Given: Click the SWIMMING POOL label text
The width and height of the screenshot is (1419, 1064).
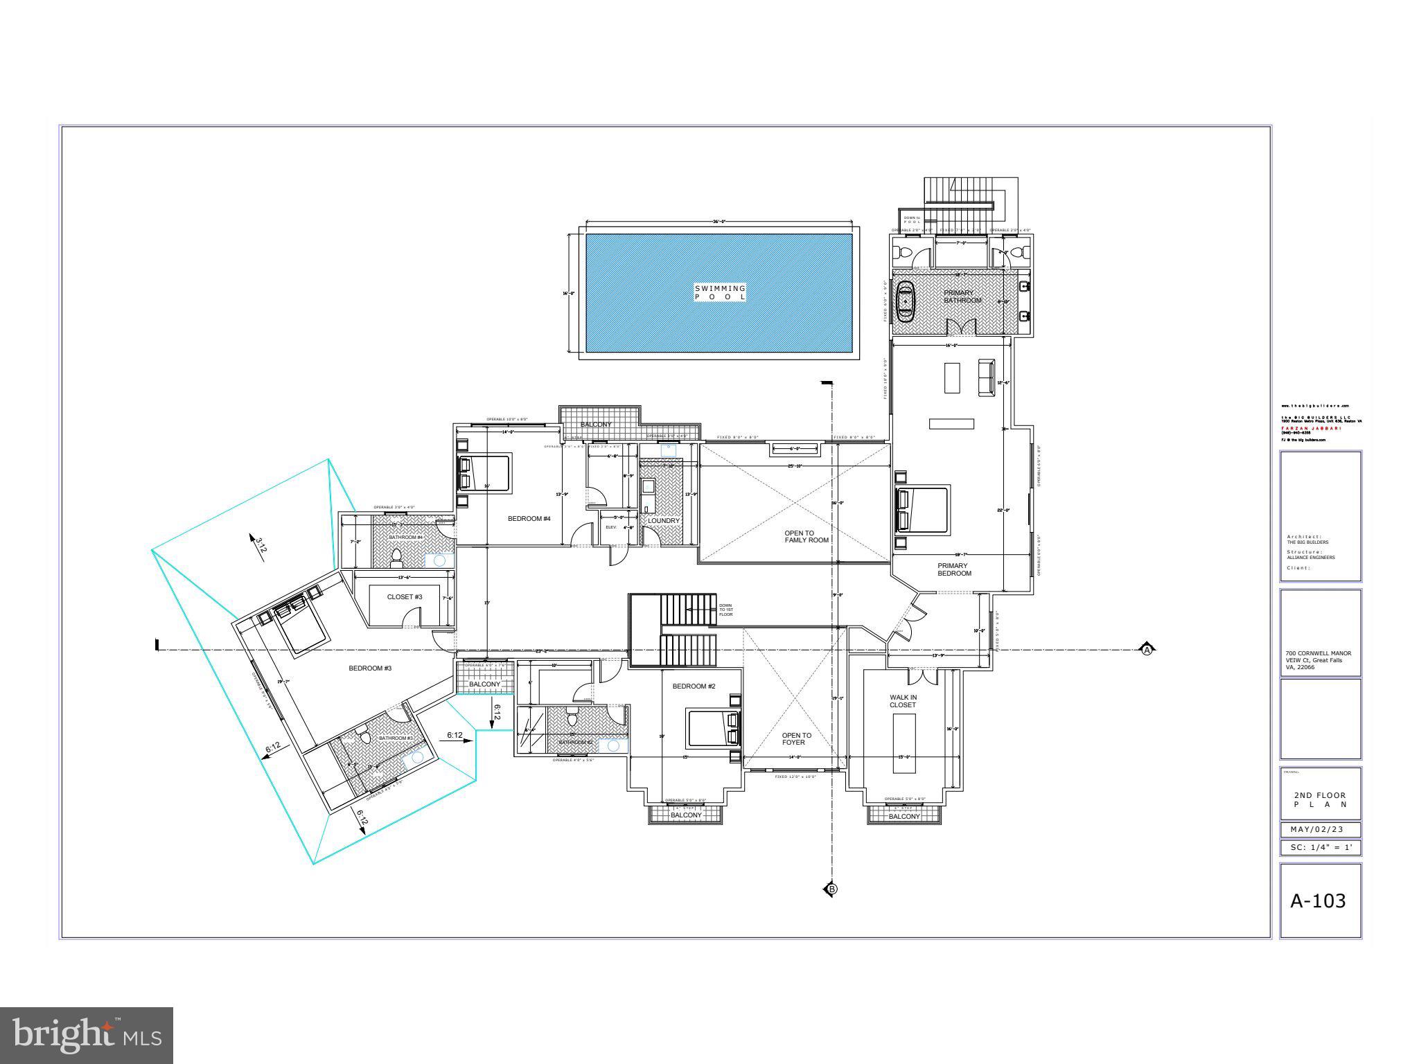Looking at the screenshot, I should [x=721, y=292].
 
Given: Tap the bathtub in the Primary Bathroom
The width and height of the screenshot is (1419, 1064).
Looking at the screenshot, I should [x=906, y=301].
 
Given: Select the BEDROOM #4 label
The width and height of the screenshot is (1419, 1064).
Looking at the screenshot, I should [x=529, y=518].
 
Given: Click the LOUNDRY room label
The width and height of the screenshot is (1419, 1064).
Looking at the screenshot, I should [x=664, y=520].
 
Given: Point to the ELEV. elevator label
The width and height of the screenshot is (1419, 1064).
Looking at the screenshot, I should [x=611, y=527].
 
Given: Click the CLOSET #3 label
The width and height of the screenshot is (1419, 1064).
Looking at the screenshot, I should [x=405, y=596].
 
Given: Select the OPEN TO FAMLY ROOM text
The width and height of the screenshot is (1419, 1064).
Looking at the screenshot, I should [x=806, y=537].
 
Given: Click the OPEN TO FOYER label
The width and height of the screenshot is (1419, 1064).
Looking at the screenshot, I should [x=795, y=738].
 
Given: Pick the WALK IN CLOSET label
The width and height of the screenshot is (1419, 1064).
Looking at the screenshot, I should [x=903, y=701].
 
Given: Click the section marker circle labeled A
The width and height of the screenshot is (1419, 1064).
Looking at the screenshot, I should [x=1147, y=650].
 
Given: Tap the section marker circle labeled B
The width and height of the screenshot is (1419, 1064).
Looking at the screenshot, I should [x=832, y=889].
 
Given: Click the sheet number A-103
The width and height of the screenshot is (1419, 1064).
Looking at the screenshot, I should [x=1318, y=901].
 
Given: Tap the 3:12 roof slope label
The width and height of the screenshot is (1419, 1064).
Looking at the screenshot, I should [x=261, y=544].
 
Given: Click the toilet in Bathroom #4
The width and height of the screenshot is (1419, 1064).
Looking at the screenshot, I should [x=396, y=555].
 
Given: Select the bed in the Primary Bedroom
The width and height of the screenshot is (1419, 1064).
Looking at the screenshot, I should [x=922, y=510].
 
